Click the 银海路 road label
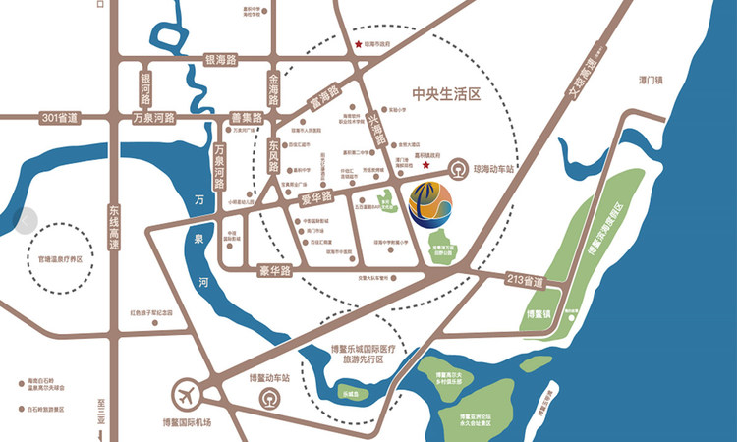221,60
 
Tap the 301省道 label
60,118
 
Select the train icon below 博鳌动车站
268,400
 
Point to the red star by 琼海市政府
359,44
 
